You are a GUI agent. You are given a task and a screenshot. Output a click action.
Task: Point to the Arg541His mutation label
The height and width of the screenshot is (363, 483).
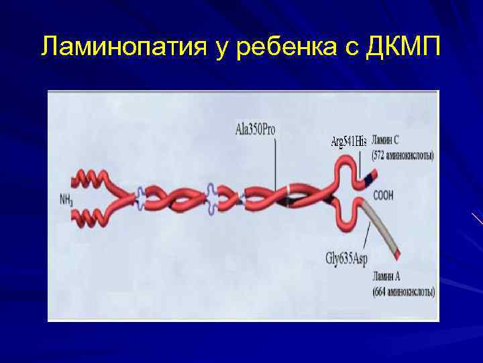tap(350, 143)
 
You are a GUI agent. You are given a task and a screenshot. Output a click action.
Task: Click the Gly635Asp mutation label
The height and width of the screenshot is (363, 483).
tap(347, 257)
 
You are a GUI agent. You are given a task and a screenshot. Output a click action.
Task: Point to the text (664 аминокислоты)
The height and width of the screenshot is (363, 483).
tap(404, 292)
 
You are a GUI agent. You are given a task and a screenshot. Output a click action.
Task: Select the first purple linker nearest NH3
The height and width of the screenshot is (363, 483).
tap(140, 196)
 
